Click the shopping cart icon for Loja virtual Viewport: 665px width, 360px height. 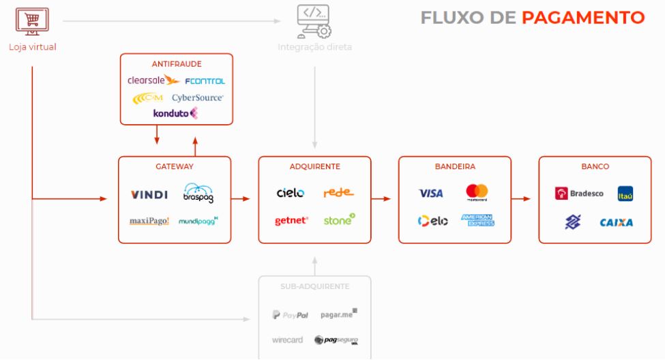[x=32, y=20]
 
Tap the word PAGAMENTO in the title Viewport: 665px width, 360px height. [x=583, y=18]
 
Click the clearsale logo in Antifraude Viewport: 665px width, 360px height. [x=153, y=80]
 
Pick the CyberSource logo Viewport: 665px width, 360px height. [x=198, y=98]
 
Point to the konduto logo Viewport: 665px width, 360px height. [x=175, y=113]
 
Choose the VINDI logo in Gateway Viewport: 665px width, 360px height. [x=149, y=195]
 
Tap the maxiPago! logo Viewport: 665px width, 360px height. [x=149, y=221]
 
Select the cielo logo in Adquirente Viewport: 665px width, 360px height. [x=291, y=193]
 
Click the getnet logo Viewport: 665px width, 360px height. [x=291, y=220]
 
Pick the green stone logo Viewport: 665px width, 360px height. [x=339, y=220]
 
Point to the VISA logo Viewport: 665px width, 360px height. [x=431, y=194]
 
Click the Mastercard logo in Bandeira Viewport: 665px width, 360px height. [x=477, y=192]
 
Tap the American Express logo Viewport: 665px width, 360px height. [x=477, y=220]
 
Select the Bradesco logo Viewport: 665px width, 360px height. [x=579, y=194]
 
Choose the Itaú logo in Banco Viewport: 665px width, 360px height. [x=625, y=194]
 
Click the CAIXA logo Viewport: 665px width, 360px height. [x=616, y=222]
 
